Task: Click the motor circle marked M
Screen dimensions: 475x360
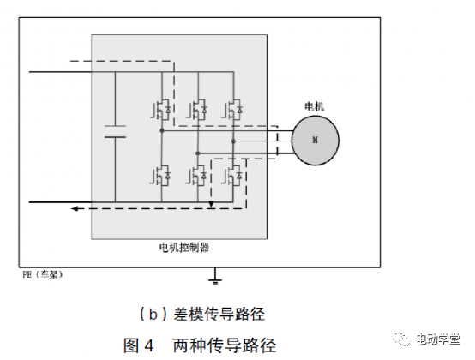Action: pos(315,141)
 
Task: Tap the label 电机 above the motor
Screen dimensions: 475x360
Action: pos(314,106)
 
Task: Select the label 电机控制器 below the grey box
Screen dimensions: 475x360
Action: pos(184,248)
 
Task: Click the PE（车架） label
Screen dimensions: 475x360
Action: pos(43,274)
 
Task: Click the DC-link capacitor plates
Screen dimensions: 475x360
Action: pos(115,131)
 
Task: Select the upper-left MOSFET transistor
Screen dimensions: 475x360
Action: pos(160,110)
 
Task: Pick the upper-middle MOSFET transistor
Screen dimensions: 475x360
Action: pos(197,110)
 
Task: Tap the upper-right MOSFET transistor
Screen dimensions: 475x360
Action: pos(232,110)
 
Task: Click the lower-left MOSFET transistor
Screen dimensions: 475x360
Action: pos(160,176)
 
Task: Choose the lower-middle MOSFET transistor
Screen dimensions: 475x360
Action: pos(196,176)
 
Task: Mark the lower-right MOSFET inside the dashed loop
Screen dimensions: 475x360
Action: pos(232,176)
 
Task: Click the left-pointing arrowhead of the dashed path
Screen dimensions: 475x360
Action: pos(75,208)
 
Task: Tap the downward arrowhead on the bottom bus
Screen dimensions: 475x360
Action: pos(212,205)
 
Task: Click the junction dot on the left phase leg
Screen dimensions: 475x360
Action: pos(162,130)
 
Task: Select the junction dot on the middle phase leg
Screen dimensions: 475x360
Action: pos(198,153)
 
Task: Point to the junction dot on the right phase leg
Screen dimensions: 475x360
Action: pos(233,141)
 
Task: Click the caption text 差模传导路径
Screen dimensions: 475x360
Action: pos(219,314)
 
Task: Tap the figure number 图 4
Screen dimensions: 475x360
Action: pos(138,345)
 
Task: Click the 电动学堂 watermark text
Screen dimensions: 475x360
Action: pos(438,339)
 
